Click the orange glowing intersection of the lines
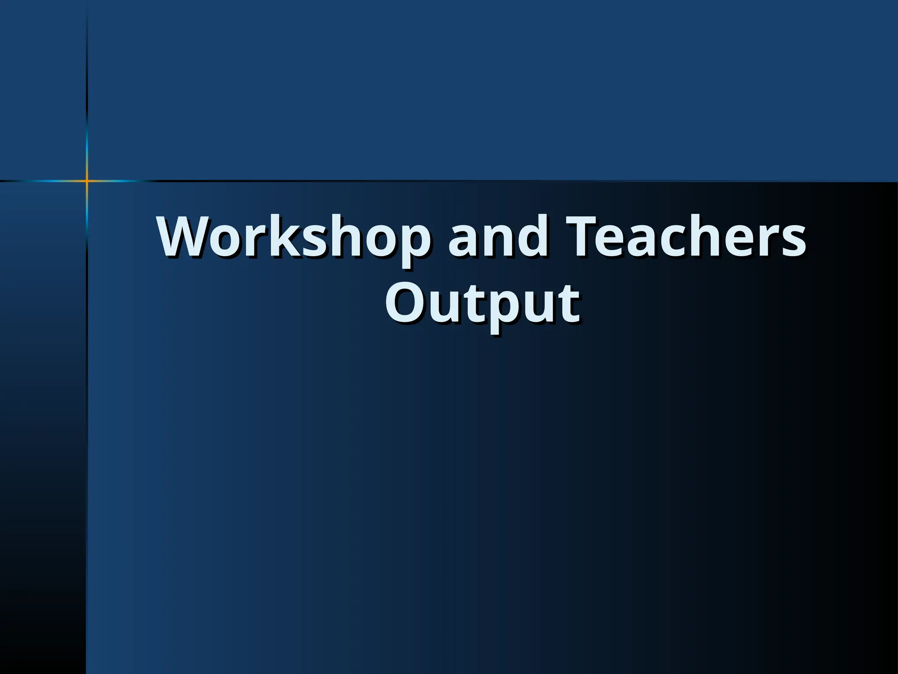pos(87,180)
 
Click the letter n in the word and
pos(498,242)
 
